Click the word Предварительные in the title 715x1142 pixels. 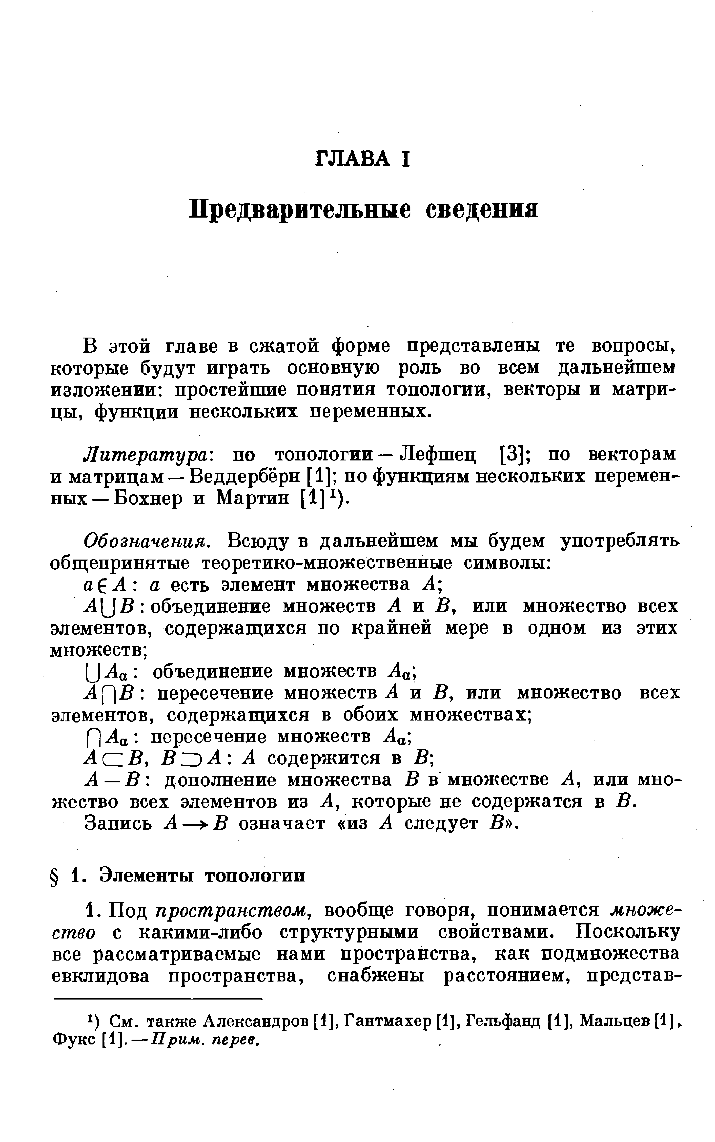click(299, 209)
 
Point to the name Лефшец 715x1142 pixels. click(437, 455)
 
